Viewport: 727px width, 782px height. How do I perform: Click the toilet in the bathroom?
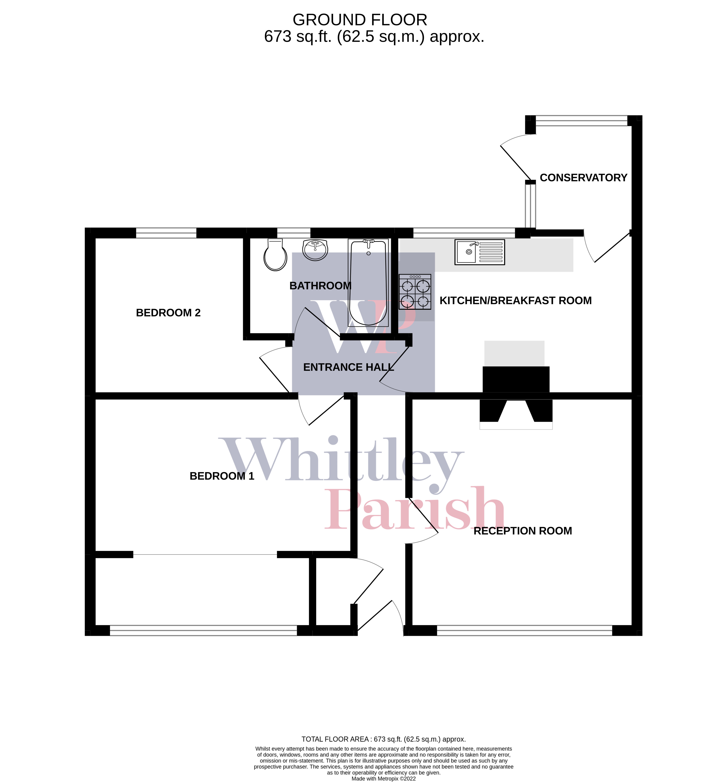click(x=275, y=255)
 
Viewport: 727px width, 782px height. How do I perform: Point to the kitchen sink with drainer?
click(x=480, y=252)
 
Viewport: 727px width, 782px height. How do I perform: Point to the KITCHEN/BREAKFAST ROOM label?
click(x=515, y=301)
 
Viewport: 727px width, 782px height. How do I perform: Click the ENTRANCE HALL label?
click(x=348, y=367)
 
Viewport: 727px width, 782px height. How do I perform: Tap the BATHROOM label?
click(x=320, y=286)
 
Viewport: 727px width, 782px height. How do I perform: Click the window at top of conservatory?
click(x=581, y=121)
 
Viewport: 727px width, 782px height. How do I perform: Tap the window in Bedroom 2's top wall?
click(x=166, y=233)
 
